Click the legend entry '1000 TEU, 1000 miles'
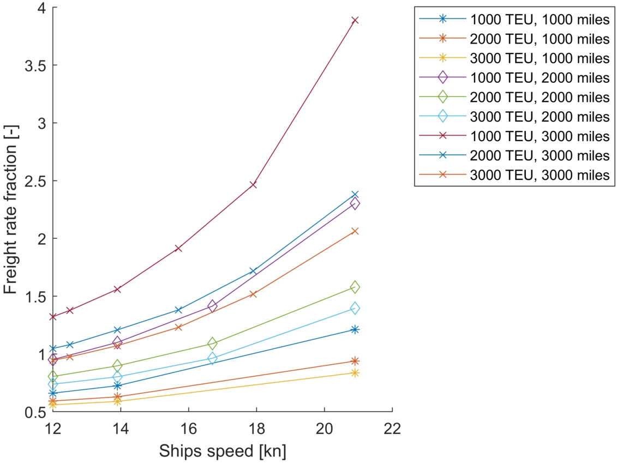tap(539, 19)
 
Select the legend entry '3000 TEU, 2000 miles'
tap(539, 116)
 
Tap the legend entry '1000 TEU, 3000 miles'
tap(539, 136)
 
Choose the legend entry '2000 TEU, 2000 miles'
tap(539, 97)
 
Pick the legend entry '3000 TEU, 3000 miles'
tap(539, 175)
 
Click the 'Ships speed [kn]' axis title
tap(223, 451)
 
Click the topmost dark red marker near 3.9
tap(355, 20)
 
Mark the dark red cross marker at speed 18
tap(253, 185)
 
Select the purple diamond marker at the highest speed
tap(355, 203)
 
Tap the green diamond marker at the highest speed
tap(355, 287)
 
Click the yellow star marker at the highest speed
tap(355, 373)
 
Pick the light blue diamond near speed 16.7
tap(212, 358)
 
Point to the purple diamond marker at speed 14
tap(117, 342)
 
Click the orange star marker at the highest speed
tap(355, 361)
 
